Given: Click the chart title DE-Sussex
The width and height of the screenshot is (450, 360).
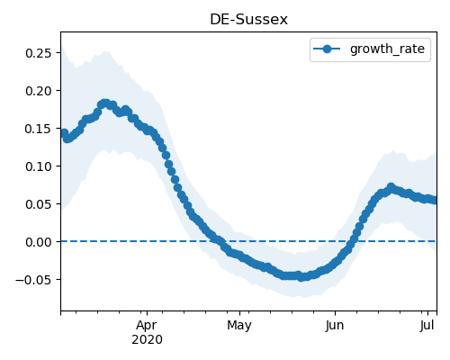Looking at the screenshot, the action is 248,20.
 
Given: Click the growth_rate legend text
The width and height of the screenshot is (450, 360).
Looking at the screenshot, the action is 387,49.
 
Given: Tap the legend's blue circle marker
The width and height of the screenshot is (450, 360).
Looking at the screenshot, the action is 327,49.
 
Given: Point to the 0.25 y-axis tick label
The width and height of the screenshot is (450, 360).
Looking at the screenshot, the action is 39,53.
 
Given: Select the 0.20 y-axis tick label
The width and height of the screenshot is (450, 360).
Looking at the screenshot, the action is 39,91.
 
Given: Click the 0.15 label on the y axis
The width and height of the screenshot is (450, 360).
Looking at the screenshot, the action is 39,129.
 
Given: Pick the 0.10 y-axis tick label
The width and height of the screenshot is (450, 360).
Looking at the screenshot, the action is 39,166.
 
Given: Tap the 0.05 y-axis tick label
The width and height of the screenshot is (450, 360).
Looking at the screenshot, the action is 39,204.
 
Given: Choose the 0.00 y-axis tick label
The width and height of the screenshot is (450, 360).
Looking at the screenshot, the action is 39,242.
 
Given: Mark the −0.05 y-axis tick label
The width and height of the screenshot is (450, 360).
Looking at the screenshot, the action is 33,280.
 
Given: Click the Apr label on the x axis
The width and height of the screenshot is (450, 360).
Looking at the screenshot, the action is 147,326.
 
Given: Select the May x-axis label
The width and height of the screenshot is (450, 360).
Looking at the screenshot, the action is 239,326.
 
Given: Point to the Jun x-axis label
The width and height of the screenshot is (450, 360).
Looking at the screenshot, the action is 335,326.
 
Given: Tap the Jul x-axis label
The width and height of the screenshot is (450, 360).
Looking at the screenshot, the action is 427,325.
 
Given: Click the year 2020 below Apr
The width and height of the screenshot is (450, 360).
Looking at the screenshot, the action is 147,340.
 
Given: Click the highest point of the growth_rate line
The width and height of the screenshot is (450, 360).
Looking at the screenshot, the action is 104,103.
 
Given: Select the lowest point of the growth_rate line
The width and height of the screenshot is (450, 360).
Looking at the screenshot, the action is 301,277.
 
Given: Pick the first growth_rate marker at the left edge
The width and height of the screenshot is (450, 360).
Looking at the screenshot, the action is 63,133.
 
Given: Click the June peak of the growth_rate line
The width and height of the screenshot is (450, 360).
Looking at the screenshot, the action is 391,187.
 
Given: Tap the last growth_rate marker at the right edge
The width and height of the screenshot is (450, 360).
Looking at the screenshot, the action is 434,200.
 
